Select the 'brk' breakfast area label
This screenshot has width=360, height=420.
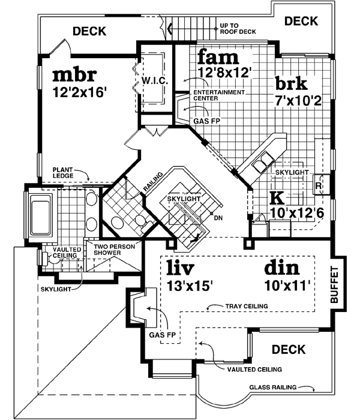[x=291, y=83]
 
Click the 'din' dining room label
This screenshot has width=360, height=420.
[x=282, y=267]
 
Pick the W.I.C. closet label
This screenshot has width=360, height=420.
[x=154, y=80]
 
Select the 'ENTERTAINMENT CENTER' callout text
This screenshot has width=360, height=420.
[x=219, y=95]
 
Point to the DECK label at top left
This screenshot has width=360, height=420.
[x=89, y=31]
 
